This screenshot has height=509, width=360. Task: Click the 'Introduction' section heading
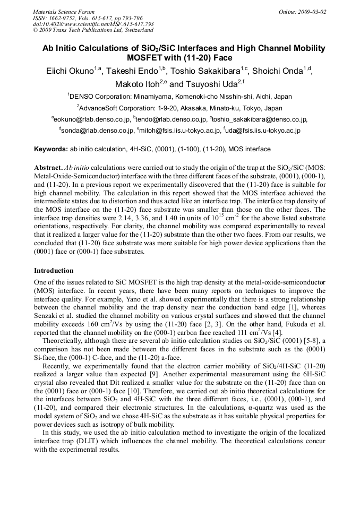pos(54,270)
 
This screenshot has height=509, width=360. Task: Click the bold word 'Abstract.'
pos(48,167)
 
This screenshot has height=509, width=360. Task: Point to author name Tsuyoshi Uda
pos(212,84)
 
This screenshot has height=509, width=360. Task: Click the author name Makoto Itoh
pos(136,84)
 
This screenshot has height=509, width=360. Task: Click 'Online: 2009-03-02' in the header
pos(302,12)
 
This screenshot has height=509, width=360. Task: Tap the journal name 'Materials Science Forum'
pos(64,12)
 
